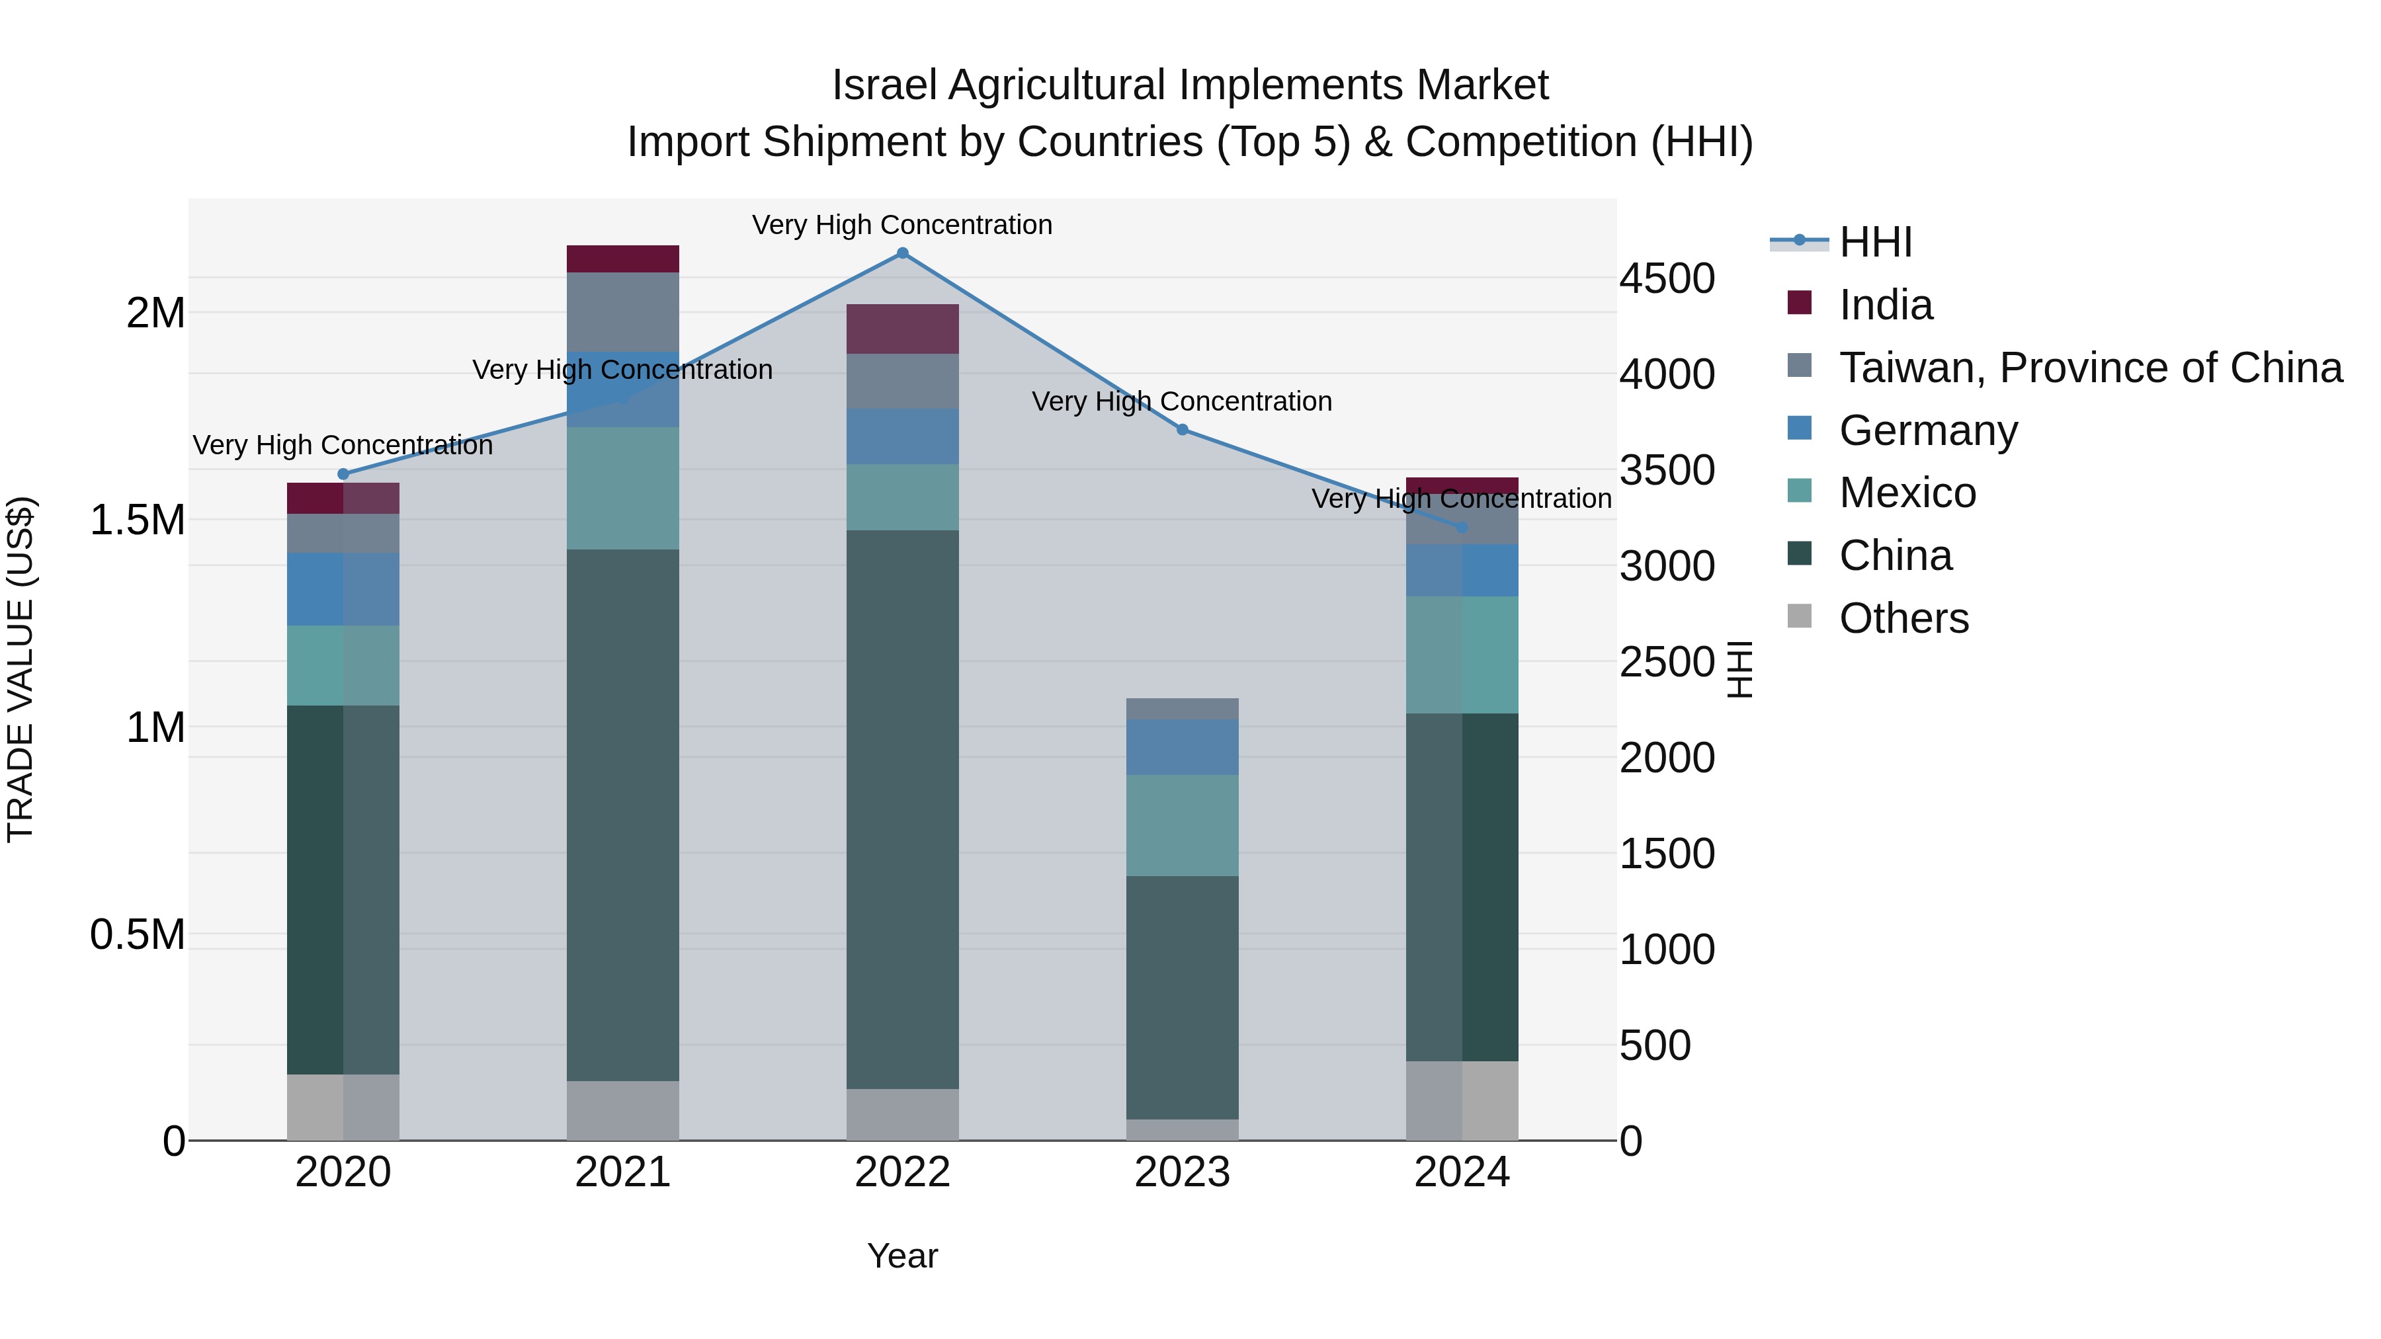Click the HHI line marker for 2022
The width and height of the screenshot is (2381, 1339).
902,253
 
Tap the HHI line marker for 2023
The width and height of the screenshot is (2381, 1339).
1182,430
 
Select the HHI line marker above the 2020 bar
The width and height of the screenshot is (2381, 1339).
343,474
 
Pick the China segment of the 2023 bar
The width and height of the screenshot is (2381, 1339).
1182,997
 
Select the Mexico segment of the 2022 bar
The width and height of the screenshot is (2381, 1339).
902,497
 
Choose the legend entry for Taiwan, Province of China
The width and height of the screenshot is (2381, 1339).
2089,368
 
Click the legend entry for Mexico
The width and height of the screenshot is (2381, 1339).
1907,493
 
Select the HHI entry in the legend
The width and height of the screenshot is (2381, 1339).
1874,242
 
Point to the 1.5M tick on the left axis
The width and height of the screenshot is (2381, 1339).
138,520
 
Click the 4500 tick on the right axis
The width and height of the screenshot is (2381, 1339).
1667,279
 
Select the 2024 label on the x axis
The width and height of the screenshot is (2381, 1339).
1461,1172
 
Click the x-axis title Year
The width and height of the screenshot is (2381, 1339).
902,1256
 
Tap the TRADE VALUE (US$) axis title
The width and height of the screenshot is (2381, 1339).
21,669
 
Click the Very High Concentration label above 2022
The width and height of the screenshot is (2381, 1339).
902,225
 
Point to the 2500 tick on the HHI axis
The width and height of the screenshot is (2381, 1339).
1667,662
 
